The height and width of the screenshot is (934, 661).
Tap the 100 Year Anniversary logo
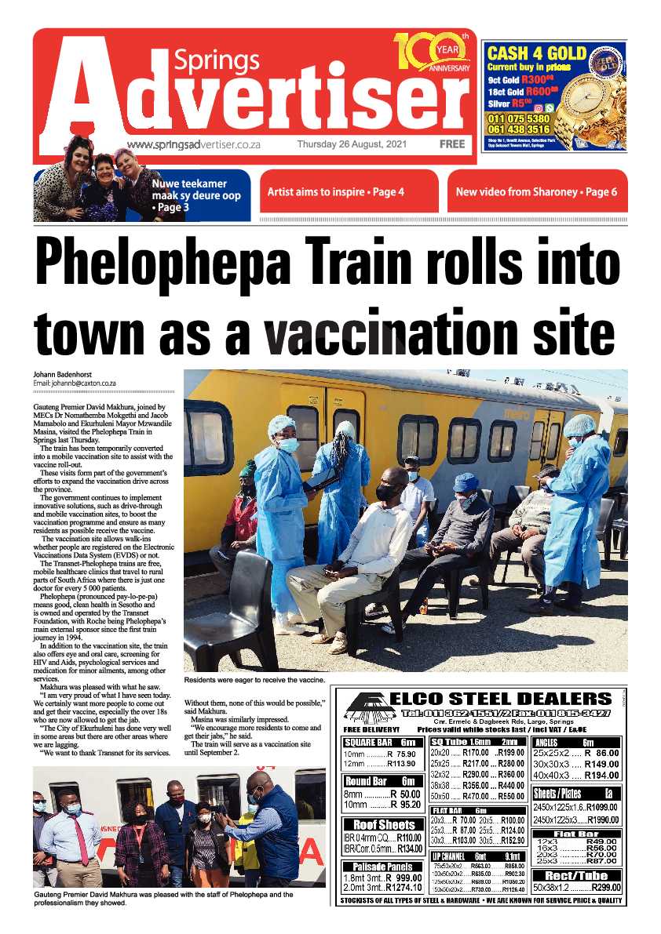click(x=432, y=53)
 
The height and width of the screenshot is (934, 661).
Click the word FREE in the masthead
click(x=452, y=144)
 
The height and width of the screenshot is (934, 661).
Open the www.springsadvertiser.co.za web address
click(x=193, y=145)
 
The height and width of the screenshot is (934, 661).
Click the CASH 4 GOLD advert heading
click(x=537, y=54)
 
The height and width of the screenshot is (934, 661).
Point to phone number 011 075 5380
click(x=518, y=118)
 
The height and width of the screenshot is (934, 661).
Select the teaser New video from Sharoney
click(x=536, y=191)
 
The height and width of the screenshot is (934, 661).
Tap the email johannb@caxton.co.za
click(x=75, y=383)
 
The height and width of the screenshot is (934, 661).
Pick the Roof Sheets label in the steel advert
click(x=384, y=825)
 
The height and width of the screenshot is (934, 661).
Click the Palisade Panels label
click(x=384, y=867)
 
